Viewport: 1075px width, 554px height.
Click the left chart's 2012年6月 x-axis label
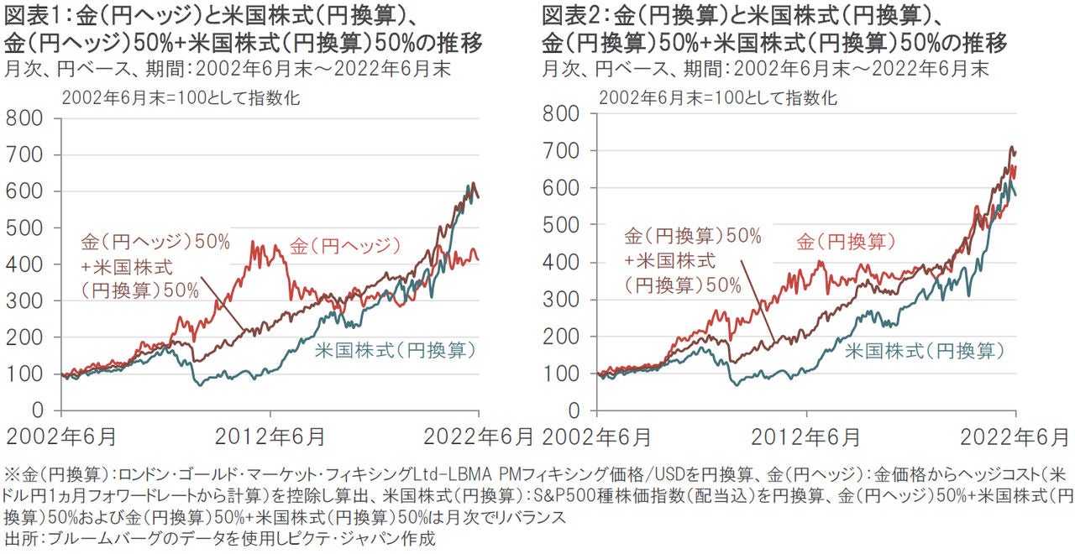coord(270,437)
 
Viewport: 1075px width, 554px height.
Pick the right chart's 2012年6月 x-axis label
coord(805,437)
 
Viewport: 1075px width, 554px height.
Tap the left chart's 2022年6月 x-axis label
coord(480,437)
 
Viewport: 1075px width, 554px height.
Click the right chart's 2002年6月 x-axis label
coord(596,437)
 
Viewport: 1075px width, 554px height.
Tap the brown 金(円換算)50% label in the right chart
coord(690,237)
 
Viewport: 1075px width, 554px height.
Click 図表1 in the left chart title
coord(30,14)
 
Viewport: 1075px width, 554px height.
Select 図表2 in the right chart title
coord(569,14)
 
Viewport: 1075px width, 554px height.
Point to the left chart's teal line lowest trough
coord(199,384)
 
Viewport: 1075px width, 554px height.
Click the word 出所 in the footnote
coord(18,537)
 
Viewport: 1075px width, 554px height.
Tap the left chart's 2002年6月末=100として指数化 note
coord(181,97)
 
